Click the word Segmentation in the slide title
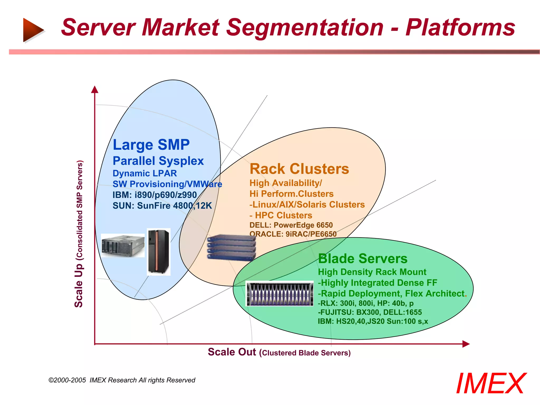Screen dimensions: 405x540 [305, 28]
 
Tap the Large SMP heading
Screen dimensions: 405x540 [151, 145]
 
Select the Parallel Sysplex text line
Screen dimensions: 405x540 [158, 161]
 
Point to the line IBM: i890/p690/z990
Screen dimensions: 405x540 [155, 195]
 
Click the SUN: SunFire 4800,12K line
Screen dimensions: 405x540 [162, 206]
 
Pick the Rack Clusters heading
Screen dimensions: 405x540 [299, 169]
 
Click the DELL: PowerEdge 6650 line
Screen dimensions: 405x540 [291, 225]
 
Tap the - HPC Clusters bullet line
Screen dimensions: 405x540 [281, 215]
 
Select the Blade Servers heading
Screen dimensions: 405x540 [363, 259]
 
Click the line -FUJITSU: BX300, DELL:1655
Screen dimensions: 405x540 [370, 312]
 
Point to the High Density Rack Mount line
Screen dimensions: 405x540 [372, 272]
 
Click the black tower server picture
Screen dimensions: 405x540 [158, 252]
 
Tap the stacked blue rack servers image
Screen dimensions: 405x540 [231, 247]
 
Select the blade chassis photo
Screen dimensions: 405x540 [279, 293]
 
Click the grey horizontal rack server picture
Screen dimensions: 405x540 [123, 245]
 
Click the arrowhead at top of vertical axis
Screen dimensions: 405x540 [95, 89]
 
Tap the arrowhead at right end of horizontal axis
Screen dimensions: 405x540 [466, 344]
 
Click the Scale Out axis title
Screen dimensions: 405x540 [279, 352]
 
